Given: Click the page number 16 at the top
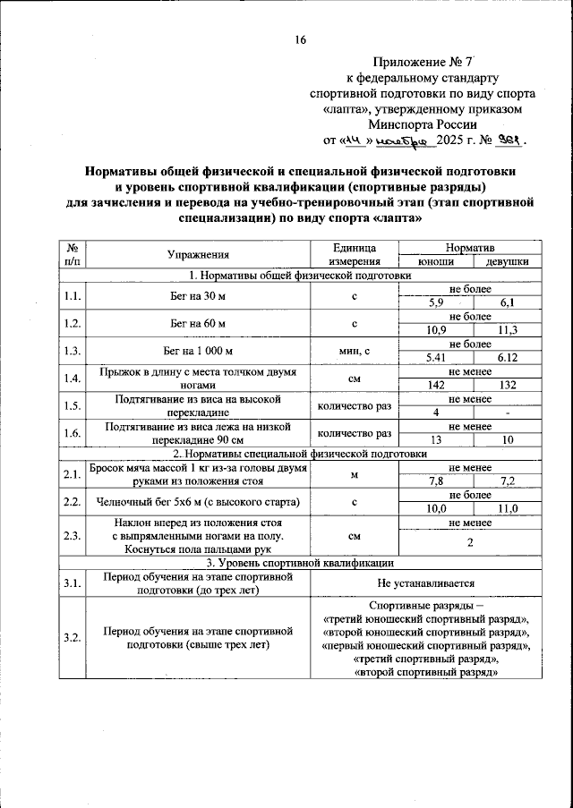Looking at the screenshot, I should click(x=300, y=40).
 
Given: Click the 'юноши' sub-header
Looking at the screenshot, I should click(x=435, y=261).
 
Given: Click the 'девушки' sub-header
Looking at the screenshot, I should click(x=507, y=261).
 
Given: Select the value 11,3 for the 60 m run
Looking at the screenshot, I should click(x=507, y=330).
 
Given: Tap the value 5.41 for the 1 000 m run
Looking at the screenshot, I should click(x=435, y=358).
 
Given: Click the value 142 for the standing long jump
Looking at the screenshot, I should click(x=435, y=384).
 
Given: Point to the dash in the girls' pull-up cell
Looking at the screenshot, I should click(x=507, y=413).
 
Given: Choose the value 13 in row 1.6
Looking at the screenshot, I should click(x=435, y=440).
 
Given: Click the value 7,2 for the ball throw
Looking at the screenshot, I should click(x=507, y=481).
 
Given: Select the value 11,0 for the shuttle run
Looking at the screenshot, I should click(x=507, y=508).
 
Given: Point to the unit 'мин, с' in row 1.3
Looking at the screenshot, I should click(x=355, y=351).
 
